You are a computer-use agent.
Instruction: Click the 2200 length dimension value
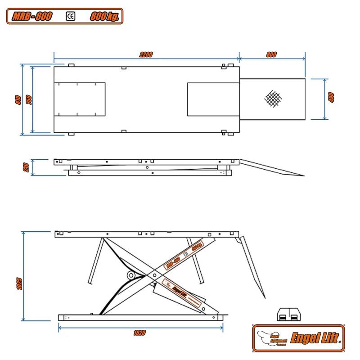click(146, 54)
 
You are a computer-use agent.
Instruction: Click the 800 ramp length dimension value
click(271, 54)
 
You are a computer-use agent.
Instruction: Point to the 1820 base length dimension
click(139, 333)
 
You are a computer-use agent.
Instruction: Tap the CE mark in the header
click(71, 17)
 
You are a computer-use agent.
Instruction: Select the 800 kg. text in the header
click(104, 17)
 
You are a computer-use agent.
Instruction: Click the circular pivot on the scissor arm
click(131, 274)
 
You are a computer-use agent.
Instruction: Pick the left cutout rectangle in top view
click(80, 99)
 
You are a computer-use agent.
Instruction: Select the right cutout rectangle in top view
click(212, 99)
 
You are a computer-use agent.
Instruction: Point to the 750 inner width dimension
click(29, 99)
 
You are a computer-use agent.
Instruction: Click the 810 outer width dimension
click(18, 99)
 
